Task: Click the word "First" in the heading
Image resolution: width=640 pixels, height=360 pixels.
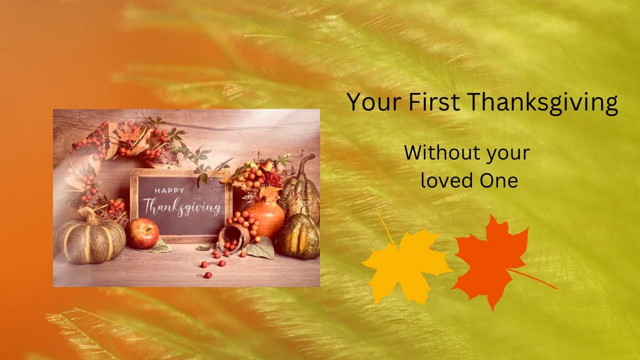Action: coord(435,102)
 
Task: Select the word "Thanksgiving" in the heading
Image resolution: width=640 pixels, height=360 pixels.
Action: coord(543,103)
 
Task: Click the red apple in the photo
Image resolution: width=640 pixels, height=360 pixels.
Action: coord(143,233)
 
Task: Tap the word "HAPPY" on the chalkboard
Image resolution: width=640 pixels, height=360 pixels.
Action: coord(169,190)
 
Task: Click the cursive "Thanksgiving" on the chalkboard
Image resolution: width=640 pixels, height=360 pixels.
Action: coord(182,206)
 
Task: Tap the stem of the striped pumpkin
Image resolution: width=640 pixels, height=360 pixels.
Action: coord(89,215)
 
